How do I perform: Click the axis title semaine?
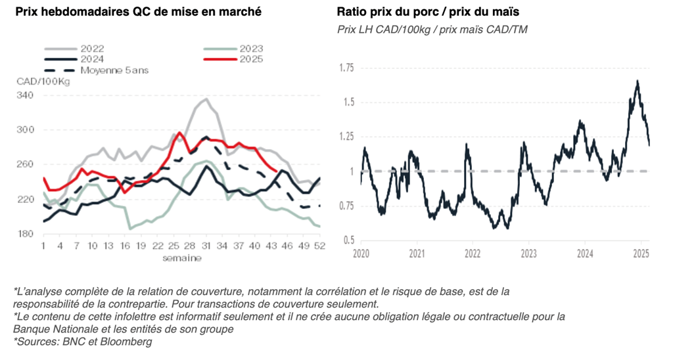click(182, 258)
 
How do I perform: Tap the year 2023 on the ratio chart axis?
click(528, 252)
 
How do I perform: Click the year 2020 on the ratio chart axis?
click(361, 252)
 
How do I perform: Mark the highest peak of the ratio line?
click(637, 81)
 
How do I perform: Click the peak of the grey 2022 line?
click(206, 99)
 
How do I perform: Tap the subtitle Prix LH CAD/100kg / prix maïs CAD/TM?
click(432, 30)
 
